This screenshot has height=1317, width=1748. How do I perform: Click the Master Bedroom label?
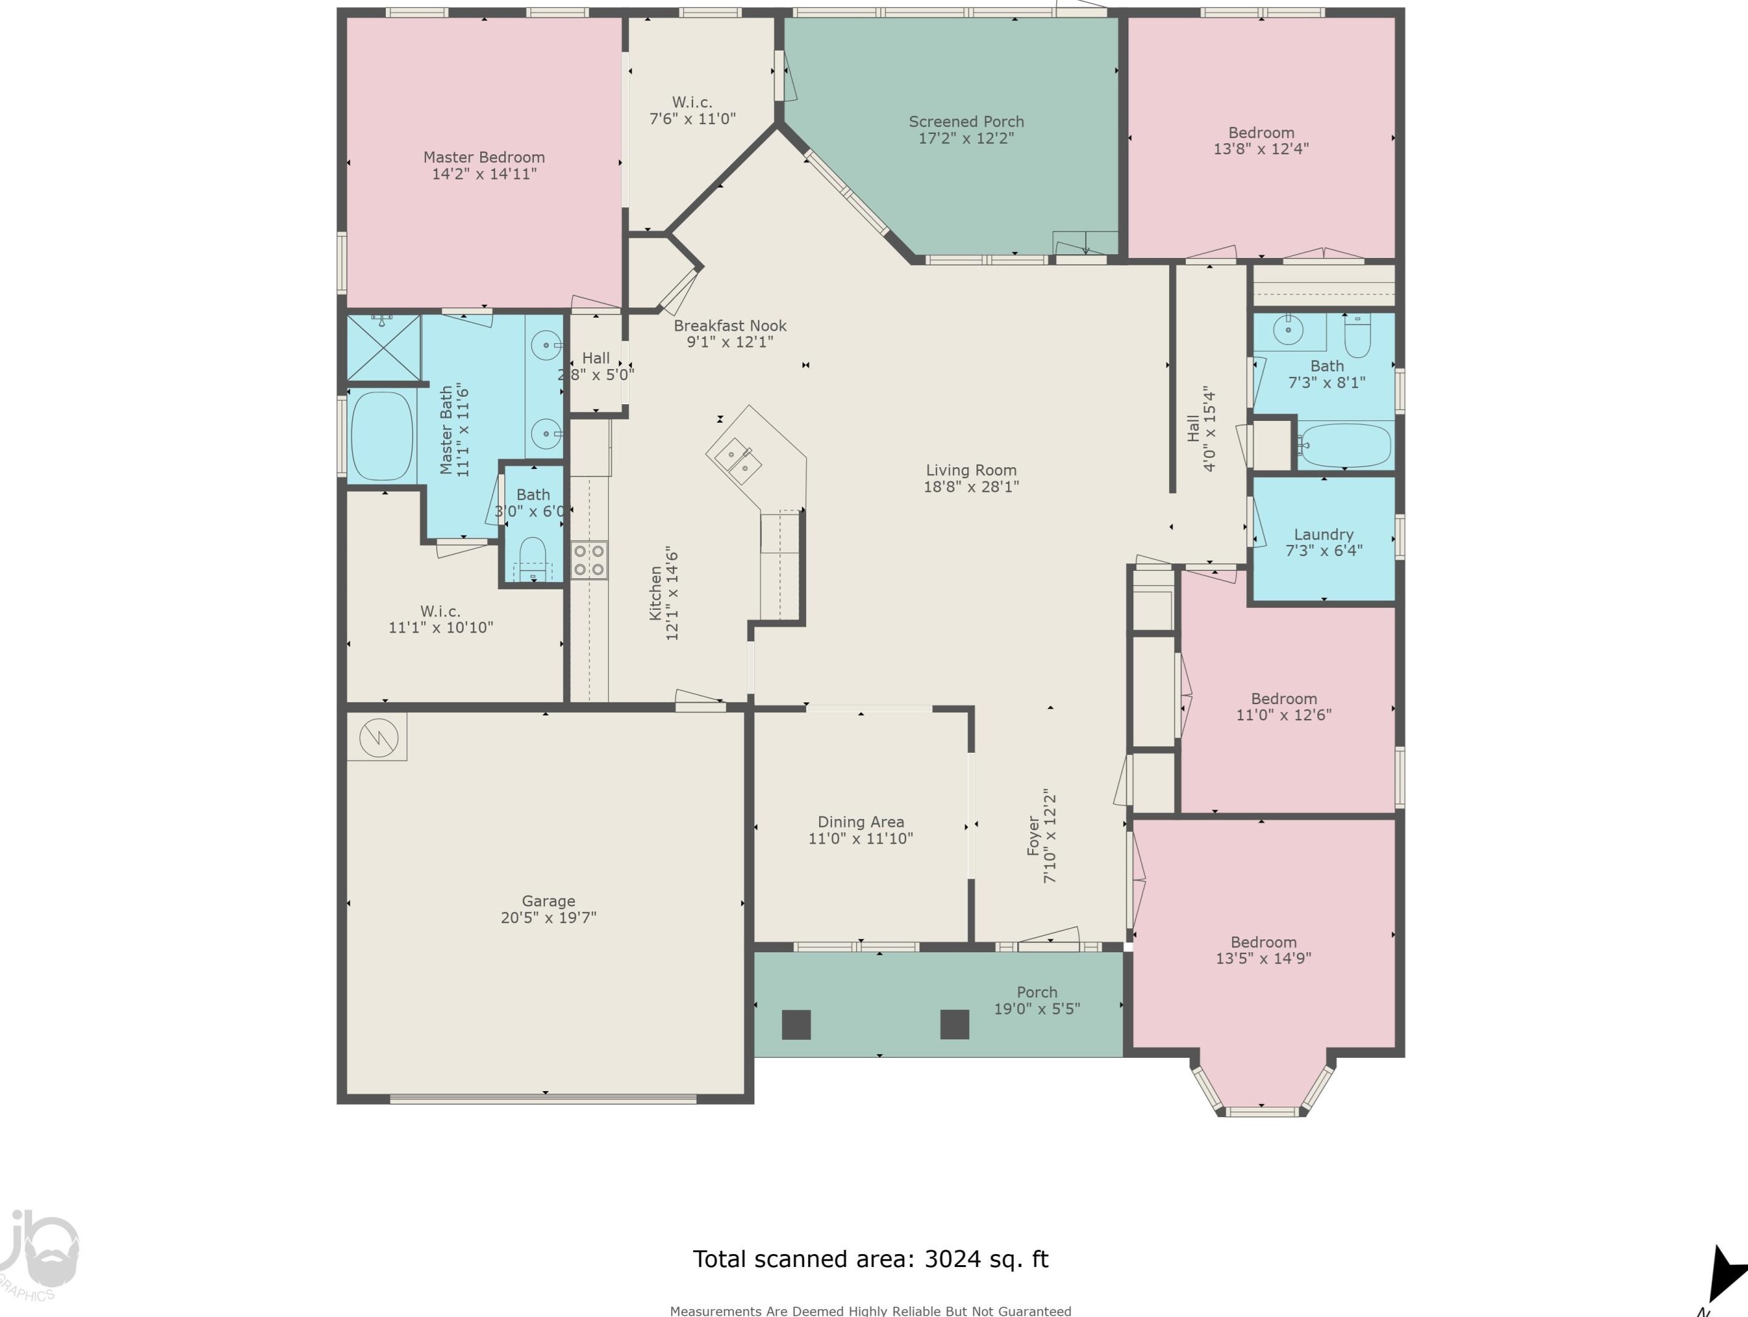484,157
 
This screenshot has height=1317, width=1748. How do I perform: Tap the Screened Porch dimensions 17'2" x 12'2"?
966,138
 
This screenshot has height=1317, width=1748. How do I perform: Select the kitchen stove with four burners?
589,560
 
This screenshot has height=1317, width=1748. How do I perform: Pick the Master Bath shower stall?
384,347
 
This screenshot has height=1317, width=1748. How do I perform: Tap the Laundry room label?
1323,534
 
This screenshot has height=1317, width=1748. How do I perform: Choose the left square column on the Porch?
796,1024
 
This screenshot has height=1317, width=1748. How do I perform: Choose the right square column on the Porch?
955,1024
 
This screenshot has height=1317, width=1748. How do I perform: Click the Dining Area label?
860,821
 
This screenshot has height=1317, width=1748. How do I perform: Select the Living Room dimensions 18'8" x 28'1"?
971,487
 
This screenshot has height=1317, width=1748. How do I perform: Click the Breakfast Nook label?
730,325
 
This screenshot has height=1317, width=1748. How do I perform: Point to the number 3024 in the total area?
953,1258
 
